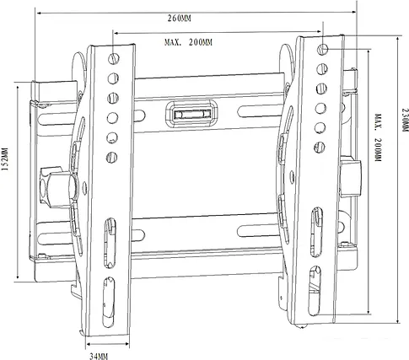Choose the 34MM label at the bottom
pos(100,354)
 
